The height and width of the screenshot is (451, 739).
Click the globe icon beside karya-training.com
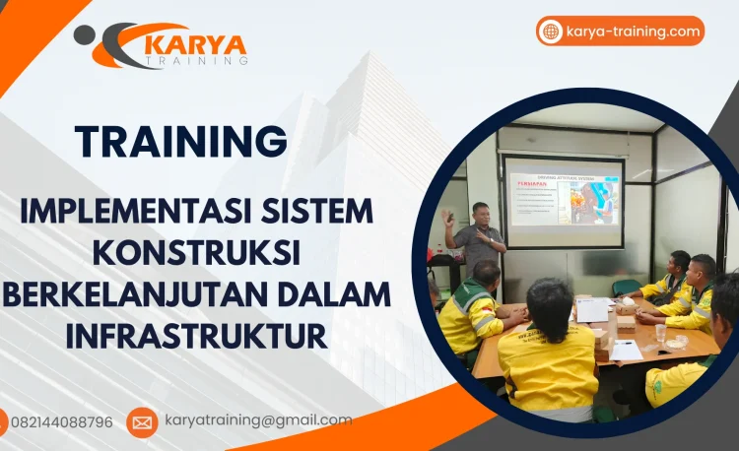pos(551,32)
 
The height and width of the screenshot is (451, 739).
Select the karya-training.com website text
pos(633,32)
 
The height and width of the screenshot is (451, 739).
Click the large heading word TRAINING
pos(181,141)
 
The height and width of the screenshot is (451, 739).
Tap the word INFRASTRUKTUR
pos(196,335)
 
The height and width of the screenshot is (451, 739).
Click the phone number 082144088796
pos(61,421)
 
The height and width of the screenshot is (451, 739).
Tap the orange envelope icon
pos(142,422)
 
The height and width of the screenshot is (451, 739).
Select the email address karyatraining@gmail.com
pos(258,420)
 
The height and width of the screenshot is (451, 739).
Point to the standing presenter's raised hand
pos(449,215)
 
